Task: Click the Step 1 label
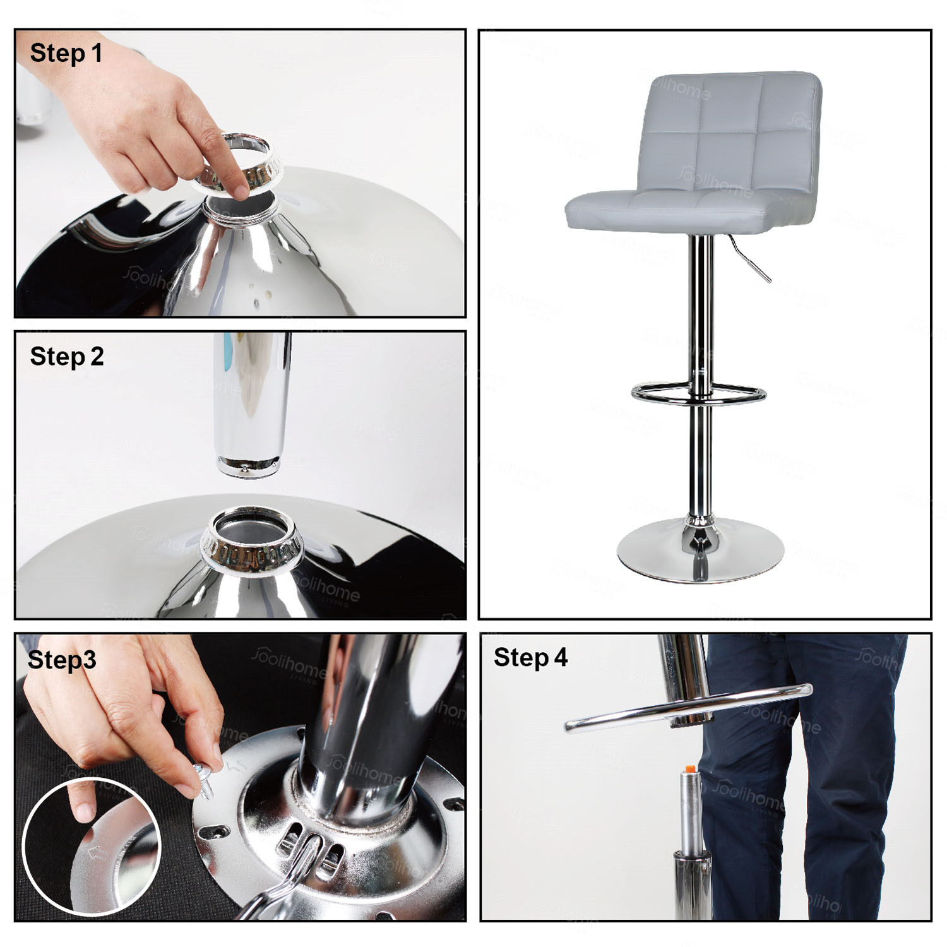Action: [x=66, y=53]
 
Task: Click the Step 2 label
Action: [x=66, y=357]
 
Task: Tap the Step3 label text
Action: [x=62, y=660]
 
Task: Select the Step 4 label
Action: [x=530, y=657]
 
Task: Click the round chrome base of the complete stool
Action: [x=700, y=556]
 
